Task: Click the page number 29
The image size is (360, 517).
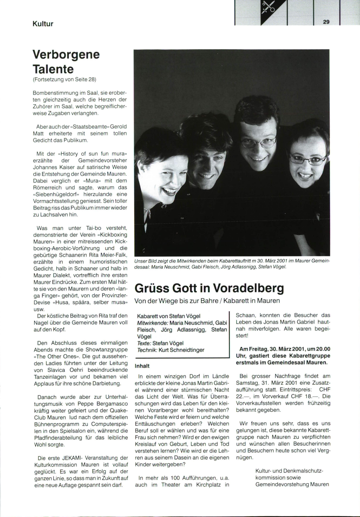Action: pos(326,22)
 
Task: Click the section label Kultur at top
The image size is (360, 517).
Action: pos(43,24)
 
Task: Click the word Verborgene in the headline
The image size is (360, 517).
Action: pos(66,55)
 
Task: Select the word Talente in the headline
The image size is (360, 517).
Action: pos(53,69)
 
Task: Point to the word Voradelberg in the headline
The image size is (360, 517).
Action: pos(248,288)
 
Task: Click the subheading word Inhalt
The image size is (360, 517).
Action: pos(142,366)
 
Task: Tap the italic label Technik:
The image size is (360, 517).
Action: pos(147,350)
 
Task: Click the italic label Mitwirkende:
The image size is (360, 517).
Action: pos(152,323)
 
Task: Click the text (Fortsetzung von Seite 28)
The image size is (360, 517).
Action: pos(64,79)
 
